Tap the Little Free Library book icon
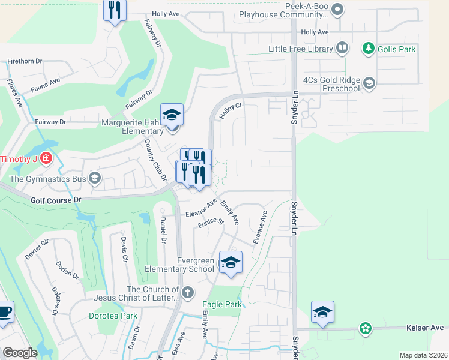point(342,48)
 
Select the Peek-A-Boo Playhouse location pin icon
point(337,9)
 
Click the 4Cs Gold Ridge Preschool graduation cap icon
point(369,83)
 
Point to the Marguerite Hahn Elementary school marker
point(172,115)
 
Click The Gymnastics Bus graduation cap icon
point(94,178)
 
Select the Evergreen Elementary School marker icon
point(231,263)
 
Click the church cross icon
point(188,293)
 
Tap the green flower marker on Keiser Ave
point(365,328)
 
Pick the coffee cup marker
point(4,313)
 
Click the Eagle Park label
point(222,305)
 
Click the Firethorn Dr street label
point(25,61)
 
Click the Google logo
point(20,353)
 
